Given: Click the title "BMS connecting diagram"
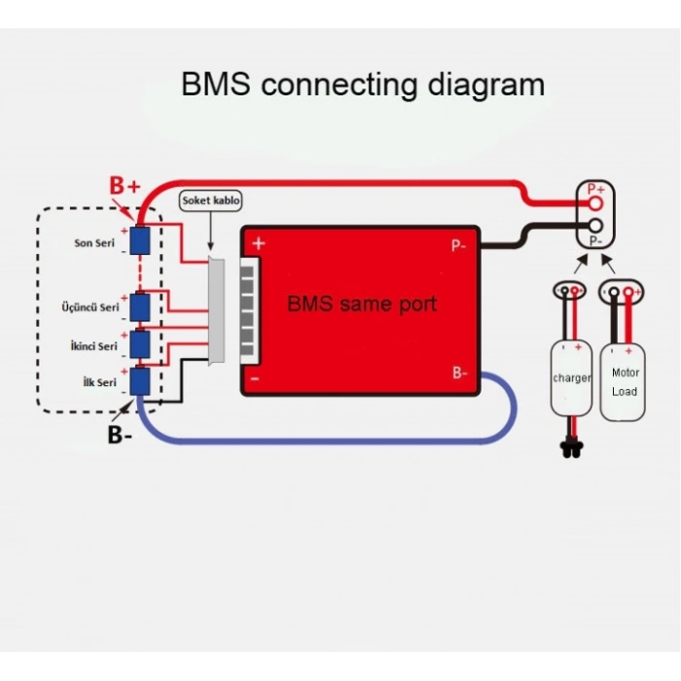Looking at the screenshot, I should coord(363,84).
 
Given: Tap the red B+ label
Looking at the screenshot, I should coord(125,185).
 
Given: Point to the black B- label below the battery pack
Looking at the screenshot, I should coord(121,434).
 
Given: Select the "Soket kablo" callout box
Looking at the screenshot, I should coord(211,200).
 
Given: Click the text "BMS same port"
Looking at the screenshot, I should coord(361,304).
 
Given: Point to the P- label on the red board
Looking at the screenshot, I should coord(458,246).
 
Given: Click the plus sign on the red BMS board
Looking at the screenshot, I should coord(259,243).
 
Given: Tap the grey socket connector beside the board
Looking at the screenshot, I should coord(219,311).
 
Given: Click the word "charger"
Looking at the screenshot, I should coord(571,377).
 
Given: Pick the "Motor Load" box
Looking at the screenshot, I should coord(624,381).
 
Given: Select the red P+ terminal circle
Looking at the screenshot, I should coord(595,203).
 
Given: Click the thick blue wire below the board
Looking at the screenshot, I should coord(321,434).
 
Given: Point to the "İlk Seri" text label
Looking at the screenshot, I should coord(100,382).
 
